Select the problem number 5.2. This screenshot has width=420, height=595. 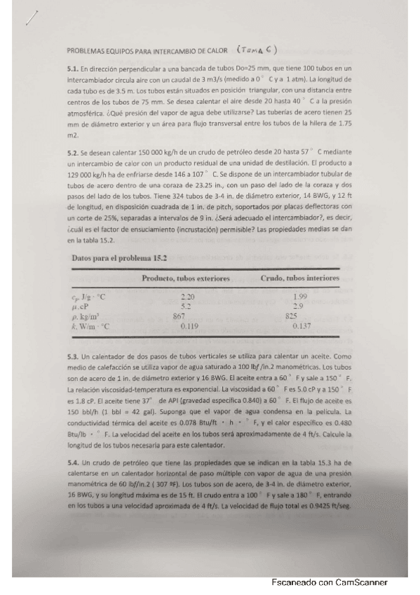(71, 152)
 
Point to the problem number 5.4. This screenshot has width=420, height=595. (71, 463)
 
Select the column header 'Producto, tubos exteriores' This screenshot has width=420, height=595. (186, 279)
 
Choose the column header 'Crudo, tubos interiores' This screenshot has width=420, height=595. (299, 279)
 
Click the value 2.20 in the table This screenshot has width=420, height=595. (187, 298)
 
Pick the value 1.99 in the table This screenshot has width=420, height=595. (301, 298)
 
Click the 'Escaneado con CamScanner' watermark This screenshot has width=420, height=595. (329, 582)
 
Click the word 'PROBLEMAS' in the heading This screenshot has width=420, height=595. (84, 51)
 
